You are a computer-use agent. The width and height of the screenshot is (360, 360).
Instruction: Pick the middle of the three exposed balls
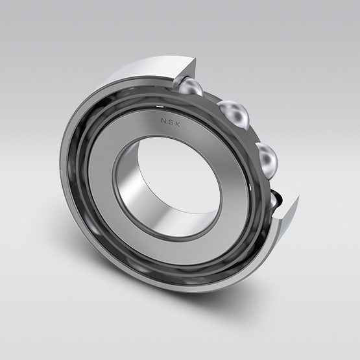235,117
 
